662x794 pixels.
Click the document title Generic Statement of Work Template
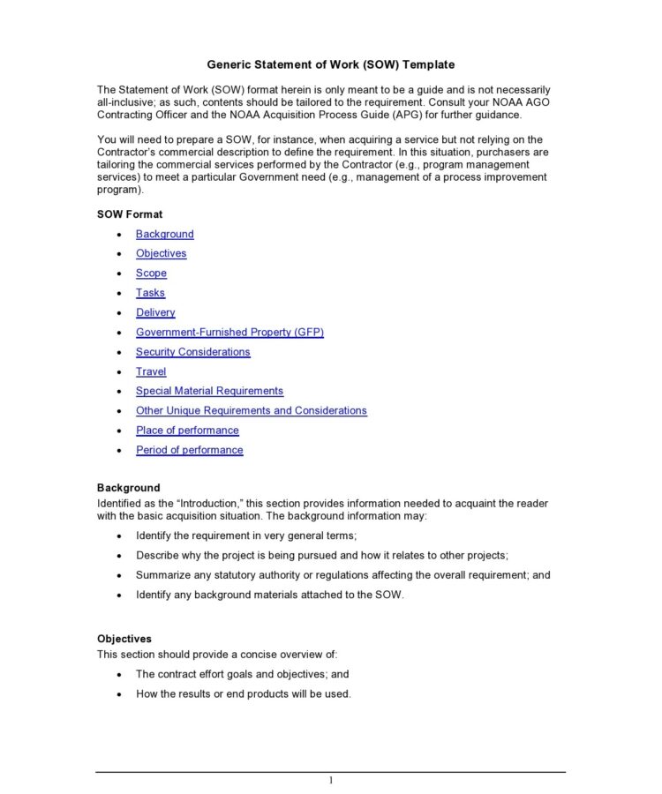[331, 64]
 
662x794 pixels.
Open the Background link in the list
[164, 234]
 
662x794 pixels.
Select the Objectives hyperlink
[161, 253]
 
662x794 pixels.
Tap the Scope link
[151, 273]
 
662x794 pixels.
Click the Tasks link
[150, 293]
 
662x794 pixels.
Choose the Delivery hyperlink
[155, 312]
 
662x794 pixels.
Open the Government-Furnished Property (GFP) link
[229, 333]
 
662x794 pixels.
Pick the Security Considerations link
[192, 352]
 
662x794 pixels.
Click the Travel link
[151, 371]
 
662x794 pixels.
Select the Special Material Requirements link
[209, 391]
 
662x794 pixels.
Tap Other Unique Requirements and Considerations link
[251, 410]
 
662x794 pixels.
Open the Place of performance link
[187, 431]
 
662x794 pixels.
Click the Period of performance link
[189, 450]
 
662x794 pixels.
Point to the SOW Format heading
[130, 214]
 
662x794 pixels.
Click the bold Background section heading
[129, 488]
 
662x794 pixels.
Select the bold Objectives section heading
[124, 639]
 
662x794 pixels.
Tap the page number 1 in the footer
[331, 781]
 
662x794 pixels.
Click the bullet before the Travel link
[120, 372]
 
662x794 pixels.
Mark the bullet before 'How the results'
[120, 694]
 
